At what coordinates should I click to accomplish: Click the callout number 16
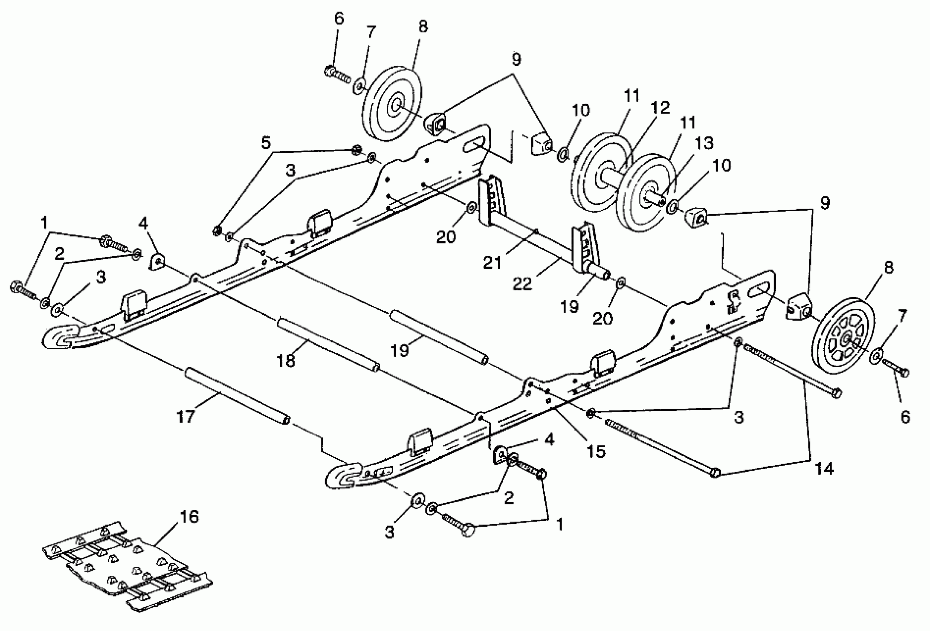189,517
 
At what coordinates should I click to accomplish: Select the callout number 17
185,417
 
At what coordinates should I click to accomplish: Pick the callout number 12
660,108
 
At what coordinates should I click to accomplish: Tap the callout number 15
596,451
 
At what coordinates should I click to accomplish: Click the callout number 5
266,143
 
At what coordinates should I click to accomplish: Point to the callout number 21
492,263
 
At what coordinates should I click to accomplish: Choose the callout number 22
523,284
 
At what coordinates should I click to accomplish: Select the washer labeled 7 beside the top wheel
359,86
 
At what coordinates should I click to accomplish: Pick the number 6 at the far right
905,417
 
